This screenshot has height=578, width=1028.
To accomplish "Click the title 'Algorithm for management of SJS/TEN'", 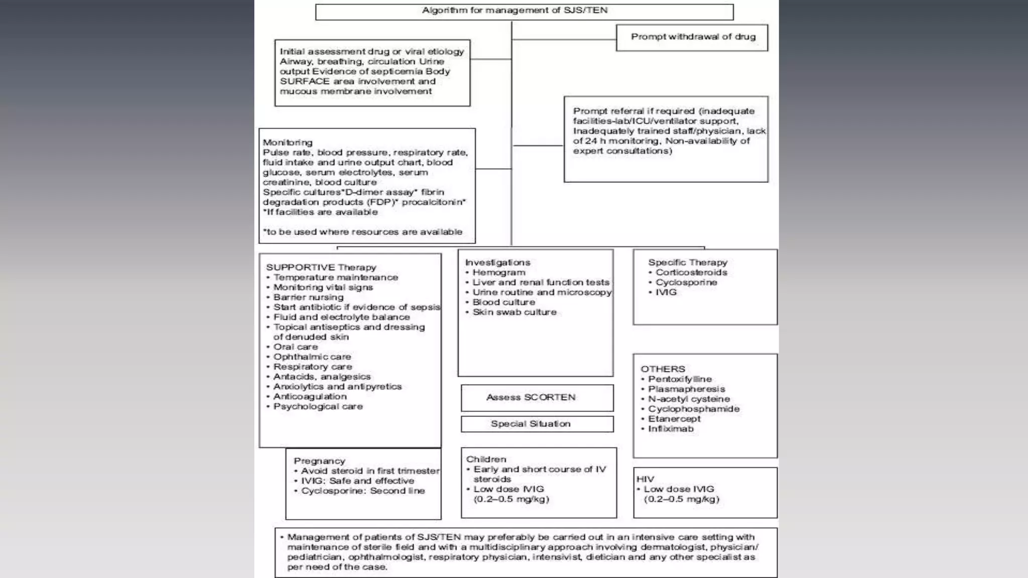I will pos(515,10).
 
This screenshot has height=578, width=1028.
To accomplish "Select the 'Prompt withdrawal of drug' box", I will pos(693,37).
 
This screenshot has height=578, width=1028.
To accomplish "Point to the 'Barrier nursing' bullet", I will pos(308,297).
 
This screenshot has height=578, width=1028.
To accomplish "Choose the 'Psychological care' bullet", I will pos(318,406).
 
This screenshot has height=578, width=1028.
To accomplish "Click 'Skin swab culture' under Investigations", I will pos(514,312).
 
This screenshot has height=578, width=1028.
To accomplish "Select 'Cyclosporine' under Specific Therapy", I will pos(686,282).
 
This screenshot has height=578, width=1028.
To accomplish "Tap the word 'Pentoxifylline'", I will pos(680,379).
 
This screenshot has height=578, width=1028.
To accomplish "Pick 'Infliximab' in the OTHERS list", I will pos(671,429).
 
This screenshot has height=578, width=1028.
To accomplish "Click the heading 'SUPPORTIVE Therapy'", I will pos(321,267).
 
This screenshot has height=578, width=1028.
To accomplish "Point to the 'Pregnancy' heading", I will pos(319,461).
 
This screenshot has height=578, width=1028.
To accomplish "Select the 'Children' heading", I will pos(486,459).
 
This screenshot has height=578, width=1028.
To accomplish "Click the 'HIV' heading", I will pos(645,479).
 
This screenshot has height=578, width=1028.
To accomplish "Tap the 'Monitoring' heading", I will pos(288,142).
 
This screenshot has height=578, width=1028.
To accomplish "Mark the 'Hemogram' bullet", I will pos(498,272).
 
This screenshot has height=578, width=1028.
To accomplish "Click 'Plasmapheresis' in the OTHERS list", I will pos(686,389).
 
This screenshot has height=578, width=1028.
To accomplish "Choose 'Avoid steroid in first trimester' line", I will pos(370,471).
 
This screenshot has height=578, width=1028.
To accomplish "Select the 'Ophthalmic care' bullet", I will pos(312,357).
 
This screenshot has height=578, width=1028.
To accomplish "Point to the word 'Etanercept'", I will pos(674,419).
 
